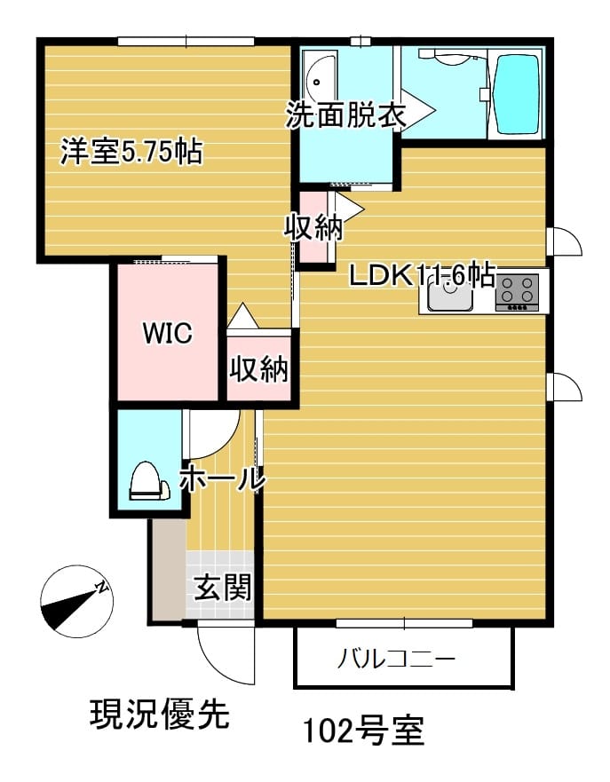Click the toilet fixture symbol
click(149, 481)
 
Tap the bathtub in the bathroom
click(516, 94)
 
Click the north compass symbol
click(77, 601)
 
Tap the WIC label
click(168, 333)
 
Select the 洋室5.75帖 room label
click(131, 151)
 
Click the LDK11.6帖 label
click(422, 276)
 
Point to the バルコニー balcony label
click(396, 660)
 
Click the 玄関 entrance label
click(223, 587)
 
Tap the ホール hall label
click(222, 478)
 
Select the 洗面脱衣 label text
click(345, 115)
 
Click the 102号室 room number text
click(364, 731)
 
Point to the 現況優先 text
click(160, 715)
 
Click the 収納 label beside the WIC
click(259, 369)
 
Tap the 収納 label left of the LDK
click(313, 227)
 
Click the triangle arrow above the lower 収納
click(242, 316)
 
